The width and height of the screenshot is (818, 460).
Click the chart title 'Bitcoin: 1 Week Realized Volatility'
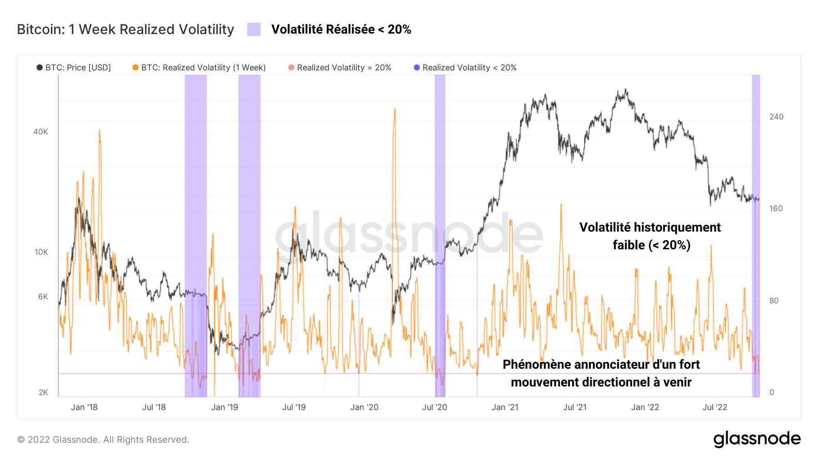[125, 30]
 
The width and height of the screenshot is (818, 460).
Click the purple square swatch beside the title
[254, 30]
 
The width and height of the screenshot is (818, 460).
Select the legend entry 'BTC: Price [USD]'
[74, 68]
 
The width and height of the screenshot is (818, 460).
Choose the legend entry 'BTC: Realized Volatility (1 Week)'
[199, 68]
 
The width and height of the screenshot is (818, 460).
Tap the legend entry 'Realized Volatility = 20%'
[340, 68]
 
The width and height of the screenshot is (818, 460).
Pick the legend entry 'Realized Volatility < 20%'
[465, 68]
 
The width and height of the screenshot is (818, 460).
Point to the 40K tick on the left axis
[40, 132]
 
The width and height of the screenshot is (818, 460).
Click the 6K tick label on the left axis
[43, 297]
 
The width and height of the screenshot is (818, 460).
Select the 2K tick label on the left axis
[43, 392]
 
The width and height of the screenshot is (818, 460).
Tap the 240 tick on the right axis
[776, 117]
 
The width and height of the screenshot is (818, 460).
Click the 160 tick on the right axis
[776, 208]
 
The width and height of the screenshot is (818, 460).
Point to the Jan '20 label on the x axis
[364, 407]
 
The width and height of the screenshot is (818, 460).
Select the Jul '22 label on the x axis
[715, 407]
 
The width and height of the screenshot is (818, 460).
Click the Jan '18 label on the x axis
[84, 407]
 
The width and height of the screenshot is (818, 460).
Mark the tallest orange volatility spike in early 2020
[395, 110]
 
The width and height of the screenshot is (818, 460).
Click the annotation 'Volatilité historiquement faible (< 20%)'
[650, 236]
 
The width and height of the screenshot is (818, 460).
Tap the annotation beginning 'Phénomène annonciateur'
[601, 373]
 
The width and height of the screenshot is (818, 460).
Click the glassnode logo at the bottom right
[757, 439]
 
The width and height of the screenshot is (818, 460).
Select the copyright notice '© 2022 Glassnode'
[103, 440]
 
